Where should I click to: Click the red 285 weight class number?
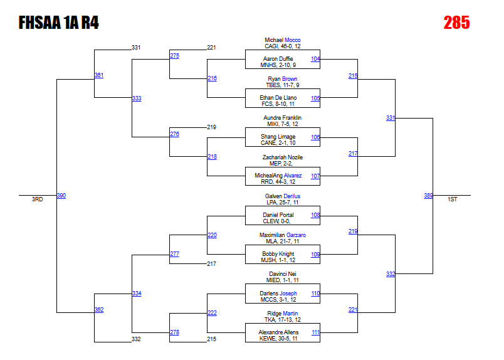click(x=456, y=23)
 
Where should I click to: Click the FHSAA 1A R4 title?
click(x=58, y=23)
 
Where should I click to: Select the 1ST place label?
click(x=452, y=199)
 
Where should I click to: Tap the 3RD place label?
click(x=38, y=199)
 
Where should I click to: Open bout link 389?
click(x=428, y=196)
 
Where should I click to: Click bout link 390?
click(x=61, y=196)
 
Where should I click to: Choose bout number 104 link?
click(x=315, y=59)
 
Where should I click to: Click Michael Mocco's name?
click(x=282, y=40)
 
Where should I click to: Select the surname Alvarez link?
click(x=293, y=176)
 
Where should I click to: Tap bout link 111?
click(x=315, y=332)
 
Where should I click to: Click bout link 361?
click(x=99, y=75)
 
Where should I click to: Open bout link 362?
click(x=99, y=310)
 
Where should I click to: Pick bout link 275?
click(x=174, y=56)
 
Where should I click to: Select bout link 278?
click(x=174, y=332)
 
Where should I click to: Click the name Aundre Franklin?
click(x=282, y=118)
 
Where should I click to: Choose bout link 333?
click(x=137, y=98)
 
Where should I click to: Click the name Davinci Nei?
click(x=282, y=274)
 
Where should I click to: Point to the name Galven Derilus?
click(x=282, y=196)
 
